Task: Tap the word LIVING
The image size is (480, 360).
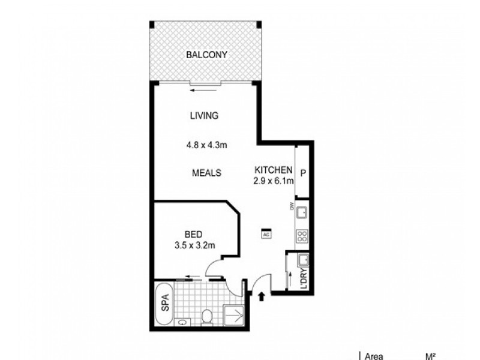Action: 203,116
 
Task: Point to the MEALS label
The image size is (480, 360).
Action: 206,173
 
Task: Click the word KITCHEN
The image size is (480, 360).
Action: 273,169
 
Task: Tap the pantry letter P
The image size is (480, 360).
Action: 303,173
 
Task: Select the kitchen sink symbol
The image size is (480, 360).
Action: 302,212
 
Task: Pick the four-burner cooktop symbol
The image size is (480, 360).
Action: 302,236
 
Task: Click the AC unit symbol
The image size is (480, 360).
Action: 265,235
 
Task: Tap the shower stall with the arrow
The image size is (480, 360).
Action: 234,314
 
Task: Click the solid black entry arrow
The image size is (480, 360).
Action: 262,294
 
